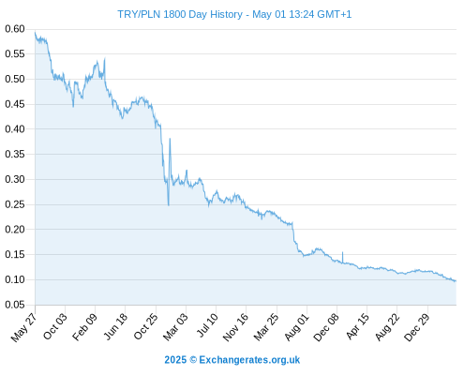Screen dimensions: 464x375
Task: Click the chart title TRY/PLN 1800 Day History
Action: (180, 14)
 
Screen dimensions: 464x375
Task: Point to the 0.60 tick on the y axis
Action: (15, 29)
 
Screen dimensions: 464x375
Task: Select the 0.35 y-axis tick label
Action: (15, 154)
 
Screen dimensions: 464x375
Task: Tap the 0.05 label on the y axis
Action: (15, 305)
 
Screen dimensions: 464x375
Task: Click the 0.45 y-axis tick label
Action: (15, 104)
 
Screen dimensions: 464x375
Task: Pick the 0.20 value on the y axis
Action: (15, 230)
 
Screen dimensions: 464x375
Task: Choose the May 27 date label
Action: (23, 327)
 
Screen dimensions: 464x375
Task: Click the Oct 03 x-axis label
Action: (55, 326)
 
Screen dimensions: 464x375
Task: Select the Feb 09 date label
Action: (84, 326)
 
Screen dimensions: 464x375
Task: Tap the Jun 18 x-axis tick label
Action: (115, 326)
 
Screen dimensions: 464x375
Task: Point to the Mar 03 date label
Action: (175, 326)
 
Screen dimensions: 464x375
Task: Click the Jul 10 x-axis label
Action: (207, 324)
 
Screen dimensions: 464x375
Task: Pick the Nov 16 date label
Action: (235, 326)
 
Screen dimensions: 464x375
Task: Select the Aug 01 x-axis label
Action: (296, 326)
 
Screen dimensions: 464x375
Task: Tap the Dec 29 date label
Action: (417, 327)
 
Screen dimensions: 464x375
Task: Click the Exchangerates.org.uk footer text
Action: (249, 360)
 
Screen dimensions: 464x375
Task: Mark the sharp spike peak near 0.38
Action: (170, 139)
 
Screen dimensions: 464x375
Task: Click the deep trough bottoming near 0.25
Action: (169, 205)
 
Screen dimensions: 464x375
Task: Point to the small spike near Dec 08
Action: (342, 252)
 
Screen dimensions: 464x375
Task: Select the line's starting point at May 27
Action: (35, 32)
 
